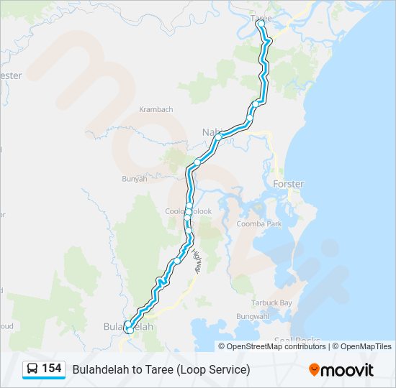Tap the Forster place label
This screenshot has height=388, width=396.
click(x=288, y=184)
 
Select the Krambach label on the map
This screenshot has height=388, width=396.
click(x=156, y=109)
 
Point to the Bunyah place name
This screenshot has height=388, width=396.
click(x=135, y=179)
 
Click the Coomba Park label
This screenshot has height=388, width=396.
click(x=259, y=224)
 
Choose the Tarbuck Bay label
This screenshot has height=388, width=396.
click(x=271, y=303)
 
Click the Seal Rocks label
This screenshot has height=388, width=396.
click(x=297, y=341)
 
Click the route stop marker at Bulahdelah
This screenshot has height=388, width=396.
click(x=128, y=328)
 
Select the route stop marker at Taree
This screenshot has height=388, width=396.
click(x=261, y=24)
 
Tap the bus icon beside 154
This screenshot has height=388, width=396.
click(x=32, y=369)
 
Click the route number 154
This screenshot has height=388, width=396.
click(x=52, y=369)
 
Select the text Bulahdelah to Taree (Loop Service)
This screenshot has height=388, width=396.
click(x=161, y=369)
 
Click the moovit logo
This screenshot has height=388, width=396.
click(x=341, y=370)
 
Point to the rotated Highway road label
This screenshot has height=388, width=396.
click(x=197, y=259)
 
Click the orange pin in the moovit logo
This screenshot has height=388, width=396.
click(x=314, y=370)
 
